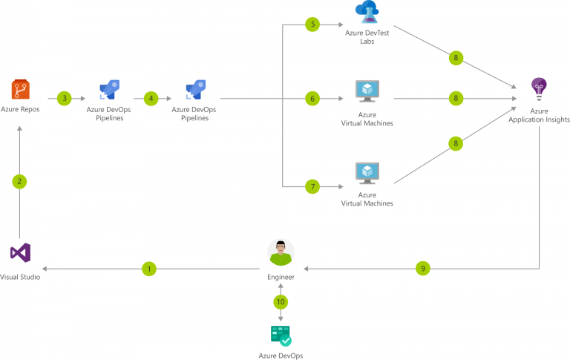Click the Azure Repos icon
20,91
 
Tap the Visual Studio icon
20,253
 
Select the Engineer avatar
281,252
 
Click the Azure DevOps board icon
281,336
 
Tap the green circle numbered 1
149,269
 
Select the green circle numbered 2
20,181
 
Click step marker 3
65,98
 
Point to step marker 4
152,98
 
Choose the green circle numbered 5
313,24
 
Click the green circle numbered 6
313,98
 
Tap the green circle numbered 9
423,269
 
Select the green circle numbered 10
281,302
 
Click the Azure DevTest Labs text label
367,37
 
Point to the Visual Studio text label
20,277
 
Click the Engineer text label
281,277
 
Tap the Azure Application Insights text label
539,115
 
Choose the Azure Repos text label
20,109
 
